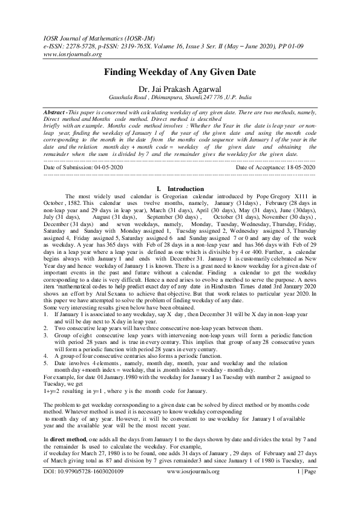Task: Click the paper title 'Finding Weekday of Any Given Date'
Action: click(x=180, y=73)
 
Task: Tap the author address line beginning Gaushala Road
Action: click(x=180, y=96)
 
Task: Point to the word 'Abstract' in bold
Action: click(x=57, y=113)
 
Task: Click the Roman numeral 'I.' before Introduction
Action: click(x=159, y=189)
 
